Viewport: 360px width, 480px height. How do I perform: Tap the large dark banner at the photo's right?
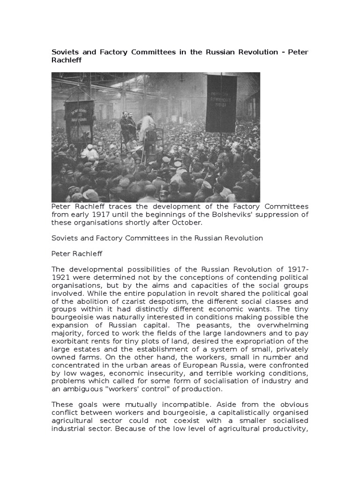pyautogui.click(x=221, y=103)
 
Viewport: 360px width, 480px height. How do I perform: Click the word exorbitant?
pyautogui.click(x=69, y=341)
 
